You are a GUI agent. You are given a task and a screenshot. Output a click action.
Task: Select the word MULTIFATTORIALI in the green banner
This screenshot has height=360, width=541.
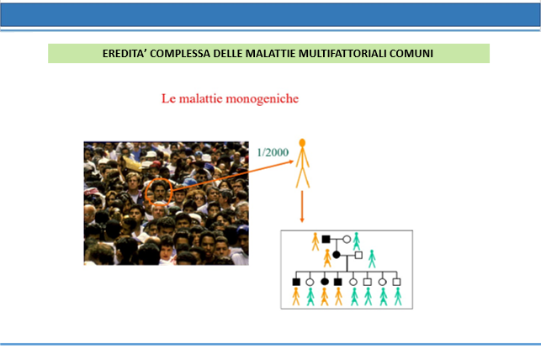pyautogui.click(x=342, y=54)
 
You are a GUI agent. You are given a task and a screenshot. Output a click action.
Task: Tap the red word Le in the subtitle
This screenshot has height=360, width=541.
pyautogui.click(x=169, y=98)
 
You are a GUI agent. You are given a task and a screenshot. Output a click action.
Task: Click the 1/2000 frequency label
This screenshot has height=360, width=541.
pyautogui.click(x=273, y=152)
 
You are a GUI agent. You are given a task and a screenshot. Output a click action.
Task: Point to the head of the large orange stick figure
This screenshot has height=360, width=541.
pyautogui.click(x=302, y=142)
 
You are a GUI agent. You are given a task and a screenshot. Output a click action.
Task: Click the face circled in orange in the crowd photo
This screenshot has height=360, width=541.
pyautogui.click(x=159, y=192)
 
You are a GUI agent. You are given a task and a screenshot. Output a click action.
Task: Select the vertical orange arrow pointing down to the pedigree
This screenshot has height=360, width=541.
pyautogui.click(x=302, y=207)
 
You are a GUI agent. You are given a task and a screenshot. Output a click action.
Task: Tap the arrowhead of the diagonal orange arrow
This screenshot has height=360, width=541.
pyautogui.click(x=290, y=161)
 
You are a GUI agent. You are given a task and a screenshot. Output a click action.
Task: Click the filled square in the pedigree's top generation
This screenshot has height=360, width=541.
pyautogui.click(x=326, y=239)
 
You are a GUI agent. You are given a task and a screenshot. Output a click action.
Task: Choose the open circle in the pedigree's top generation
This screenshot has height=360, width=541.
pyautogui.click(x=347, y=239)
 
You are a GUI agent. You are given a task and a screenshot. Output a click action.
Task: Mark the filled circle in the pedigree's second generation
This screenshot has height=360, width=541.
pyautogui.click(x=337, y=255)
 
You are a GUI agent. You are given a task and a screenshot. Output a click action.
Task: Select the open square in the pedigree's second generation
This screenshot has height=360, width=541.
pyautogui.click(x=358, y=255)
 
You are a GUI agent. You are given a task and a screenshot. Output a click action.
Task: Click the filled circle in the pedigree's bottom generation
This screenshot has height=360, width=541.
pyautogui.click(x=324, y=282)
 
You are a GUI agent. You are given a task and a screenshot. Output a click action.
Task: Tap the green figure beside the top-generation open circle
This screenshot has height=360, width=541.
pyautogui.click(x=357, y=241)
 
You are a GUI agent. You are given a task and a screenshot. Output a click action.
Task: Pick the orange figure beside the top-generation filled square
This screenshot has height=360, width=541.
pyautogui.click(x=316, y=241)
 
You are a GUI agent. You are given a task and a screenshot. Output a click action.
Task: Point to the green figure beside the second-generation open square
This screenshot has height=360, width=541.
pyautogui.click(x=372, y=258)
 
